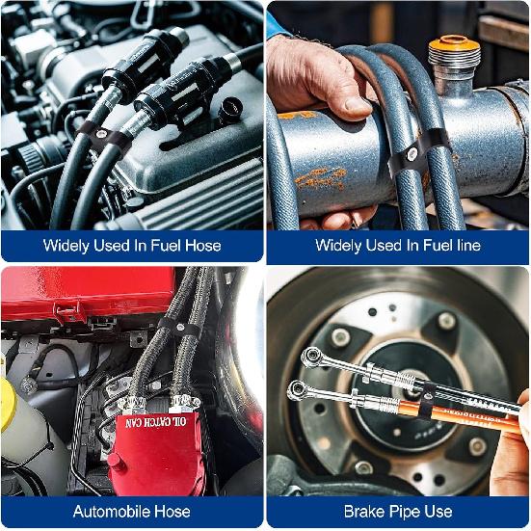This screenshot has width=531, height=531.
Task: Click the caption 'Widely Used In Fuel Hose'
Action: pyautogui.click(x=132, y=246)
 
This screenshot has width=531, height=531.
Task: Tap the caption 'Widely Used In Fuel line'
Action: pyautogui.click(x=398, y=246)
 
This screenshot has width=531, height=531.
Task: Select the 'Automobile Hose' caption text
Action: pyautogui.click(x=132, y=511)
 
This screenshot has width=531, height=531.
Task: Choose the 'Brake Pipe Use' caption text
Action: pyautogui.click(x=398, y=511)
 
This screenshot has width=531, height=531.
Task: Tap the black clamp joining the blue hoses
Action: pyautogui.click(x=409, y=154)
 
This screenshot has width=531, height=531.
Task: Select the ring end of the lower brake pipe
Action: pyautogui.click(x=296, y=390)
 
